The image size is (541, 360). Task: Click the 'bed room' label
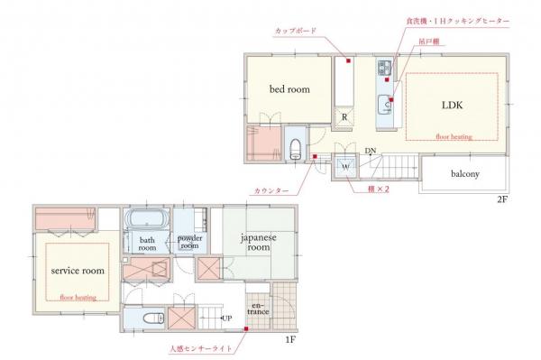point(289,89)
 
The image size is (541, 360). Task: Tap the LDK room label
point(452,105)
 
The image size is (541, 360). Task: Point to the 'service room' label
point(78,270)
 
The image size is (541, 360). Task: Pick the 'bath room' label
point(147,245)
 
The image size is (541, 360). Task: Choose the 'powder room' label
point(189,241)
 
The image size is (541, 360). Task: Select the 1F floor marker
point(291,339)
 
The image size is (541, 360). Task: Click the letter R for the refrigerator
point(344,116)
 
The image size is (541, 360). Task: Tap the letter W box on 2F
point(345,166)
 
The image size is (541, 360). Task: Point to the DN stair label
point(371,152)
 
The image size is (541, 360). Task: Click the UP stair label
point(226,318)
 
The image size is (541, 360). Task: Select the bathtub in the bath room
point(146,219)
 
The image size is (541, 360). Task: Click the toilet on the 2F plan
point(295,148)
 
